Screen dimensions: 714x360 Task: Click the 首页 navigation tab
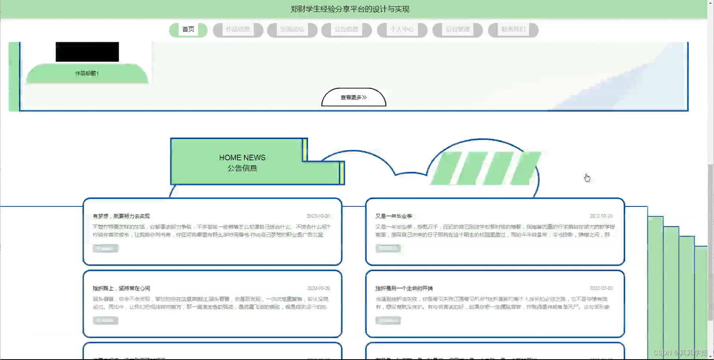point(188,29)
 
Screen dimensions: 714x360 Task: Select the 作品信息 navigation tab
point(238,29)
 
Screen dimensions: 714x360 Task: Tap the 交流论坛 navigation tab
point(292,29)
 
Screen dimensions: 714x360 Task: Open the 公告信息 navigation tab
point(346,29)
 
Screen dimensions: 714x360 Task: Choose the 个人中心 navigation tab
point(402,29)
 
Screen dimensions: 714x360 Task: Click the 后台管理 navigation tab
point(458,29)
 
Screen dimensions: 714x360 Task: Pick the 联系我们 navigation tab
point(513,29)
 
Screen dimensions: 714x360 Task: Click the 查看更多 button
point(353,97)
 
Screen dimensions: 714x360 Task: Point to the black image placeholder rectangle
point(87,52)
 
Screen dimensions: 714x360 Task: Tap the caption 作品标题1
point(87,73)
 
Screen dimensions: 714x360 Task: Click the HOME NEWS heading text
point(242,158)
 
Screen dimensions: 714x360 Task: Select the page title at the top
point(350,9)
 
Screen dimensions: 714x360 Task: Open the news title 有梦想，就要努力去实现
point(121,216)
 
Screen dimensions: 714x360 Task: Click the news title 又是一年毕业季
point(394,216)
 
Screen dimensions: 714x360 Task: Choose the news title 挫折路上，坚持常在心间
point(121,288)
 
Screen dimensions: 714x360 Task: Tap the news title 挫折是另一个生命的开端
point(404,288)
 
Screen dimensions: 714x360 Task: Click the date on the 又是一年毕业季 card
point(601,216)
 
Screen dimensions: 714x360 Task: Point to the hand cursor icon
point(587,178)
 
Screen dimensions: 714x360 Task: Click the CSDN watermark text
point(680,353)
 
